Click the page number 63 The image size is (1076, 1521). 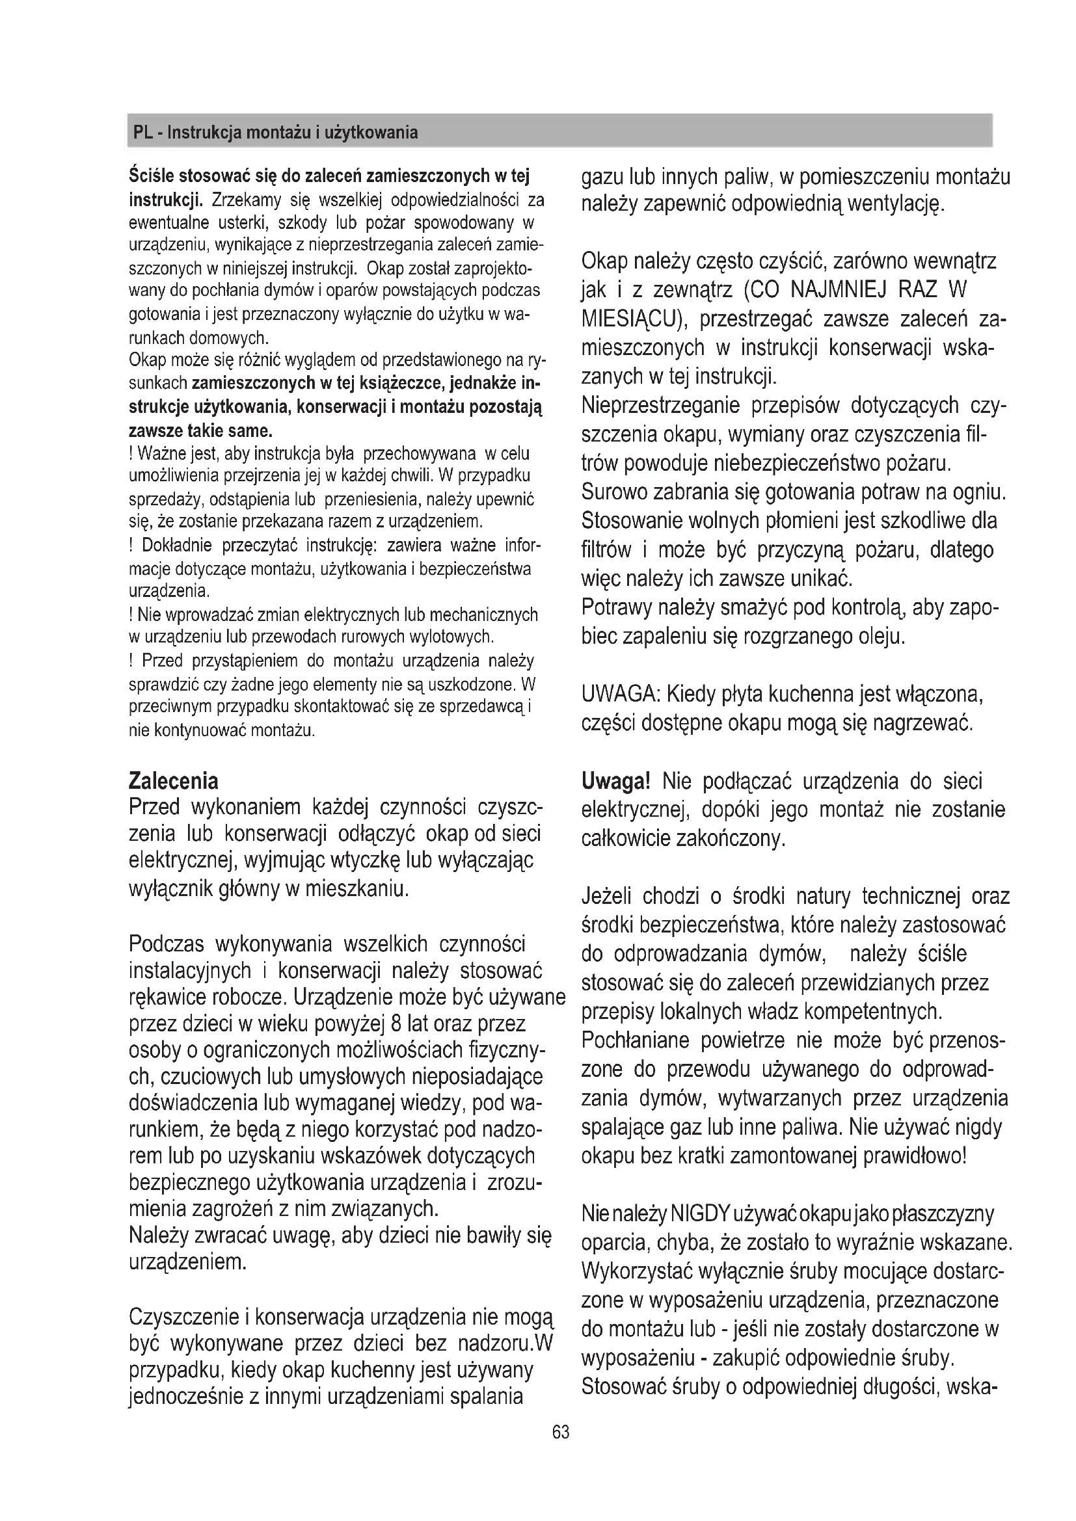tap(561, 1431)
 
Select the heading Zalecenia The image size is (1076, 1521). tap(173, 781)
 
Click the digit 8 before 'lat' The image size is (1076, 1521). tap(396, 1024)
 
